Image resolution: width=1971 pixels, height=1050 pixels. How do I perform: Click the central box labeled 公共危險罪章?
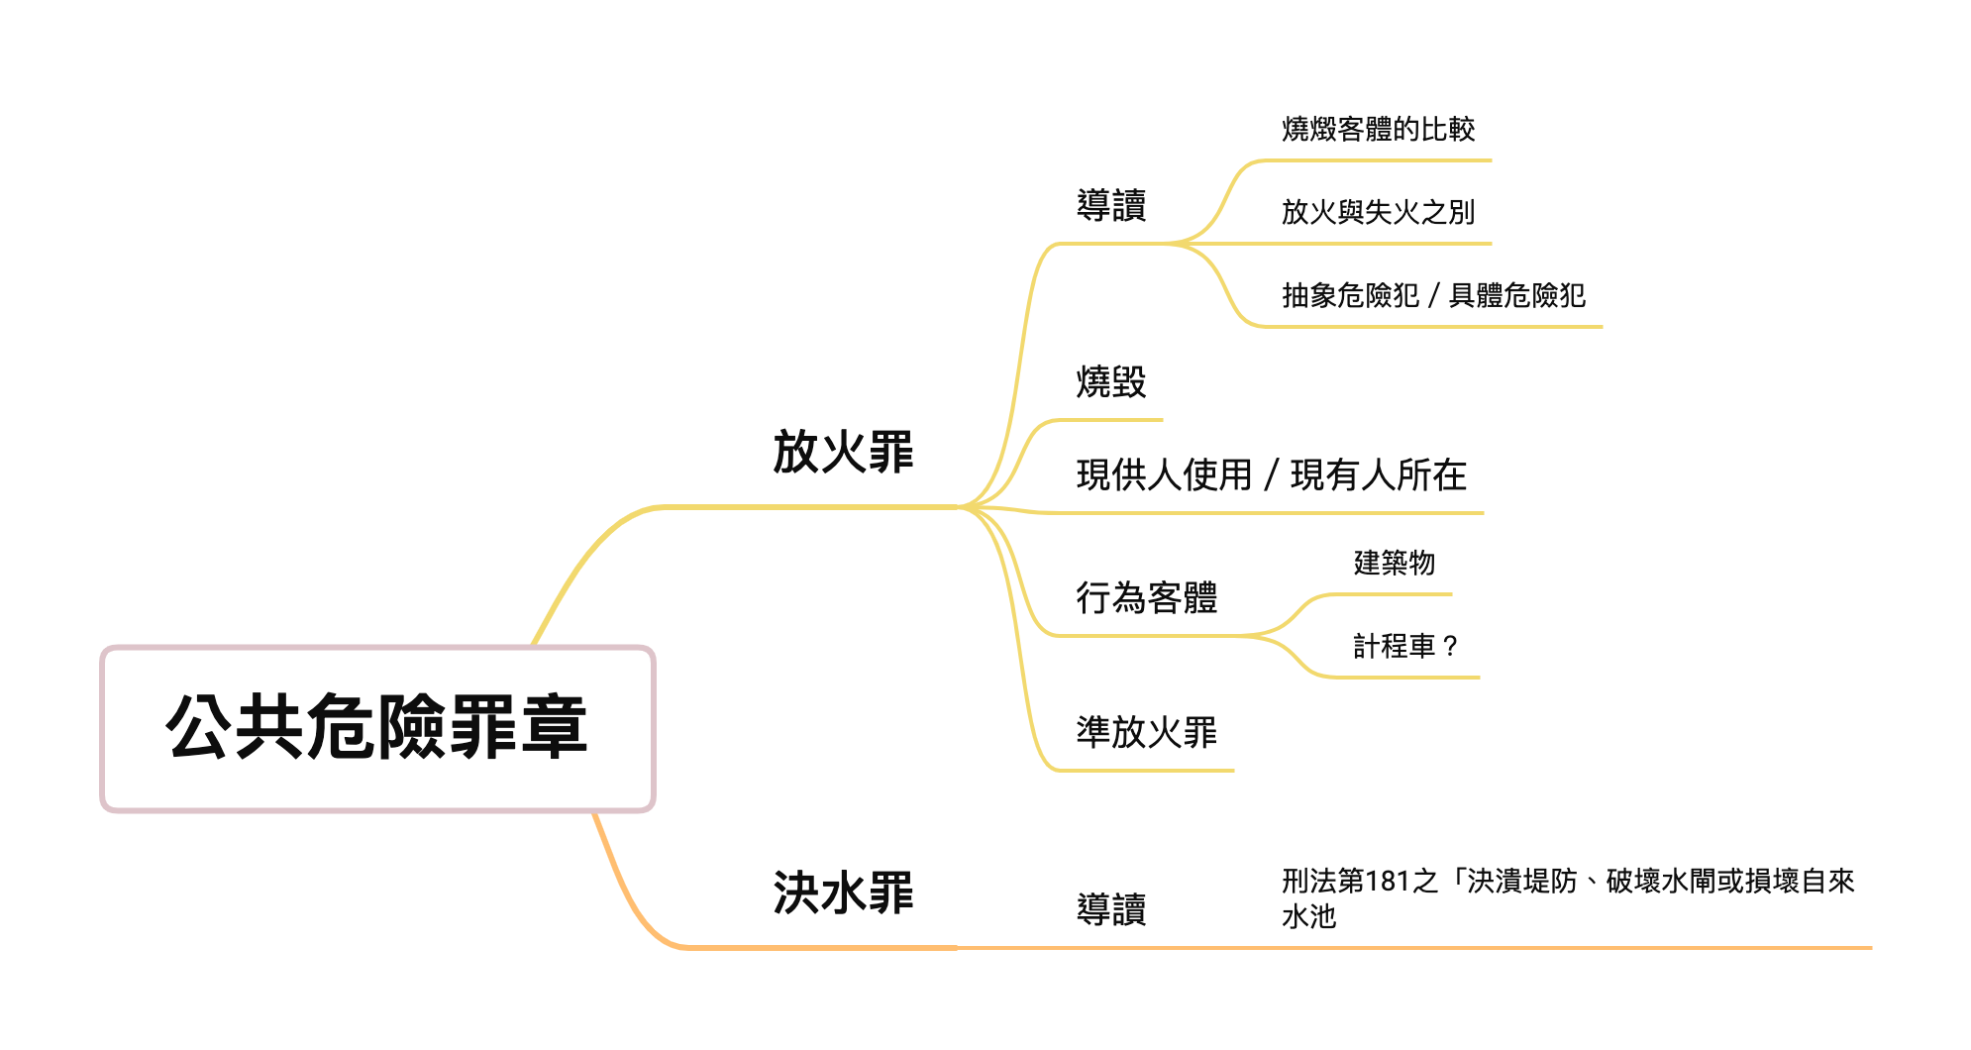[x=377, y=728]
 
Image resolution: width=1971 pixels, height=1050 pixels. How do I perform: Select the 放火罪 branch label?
[x=843, y=453]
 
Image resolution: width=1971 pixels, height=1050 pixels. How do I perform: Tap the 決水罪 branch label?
[x=843, y=893]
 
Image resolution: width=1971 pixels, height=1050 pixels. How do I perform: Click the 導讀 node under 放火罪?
[x=1111, y=206]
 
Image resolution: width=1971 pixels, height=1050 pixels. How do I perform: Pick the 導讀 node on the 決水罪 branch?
[x=1111, y=909]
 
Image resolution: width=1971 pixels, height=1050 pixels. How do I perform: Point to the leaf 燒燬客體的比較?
[x=1378, y=129]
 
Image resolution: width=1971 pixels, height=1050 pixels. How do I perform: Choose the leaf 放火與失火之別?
[x=1378, y=212]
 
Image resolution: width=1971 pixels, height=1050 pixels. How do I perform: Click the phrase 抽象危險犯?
[x=1350, y=295]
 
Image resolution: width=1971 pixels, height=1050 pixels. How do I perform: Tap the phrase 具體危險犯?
[x=1516, y=295]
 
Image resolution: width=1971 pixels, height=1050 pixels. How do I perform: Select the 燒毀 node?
[x=1111, y=381]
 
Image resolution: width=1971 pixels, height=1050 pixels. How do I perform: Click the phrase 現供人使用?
[x=1165, y=475]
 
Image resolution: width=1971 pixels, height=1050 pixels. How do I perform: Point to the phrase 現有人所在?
[x=1379, y=475]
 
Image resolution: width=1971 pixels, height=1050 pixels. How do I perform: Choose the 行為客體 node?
[x=1147, y=598]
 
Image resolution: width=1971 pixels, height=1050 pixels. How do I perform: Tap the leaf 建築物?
[x=1395, y=564]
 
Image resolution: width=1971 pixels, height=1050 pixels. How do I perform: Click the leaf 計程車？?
[x=1406, y=647]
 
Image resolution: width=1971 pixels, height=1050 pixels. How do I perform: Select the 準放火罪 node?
[x=1147, y=733]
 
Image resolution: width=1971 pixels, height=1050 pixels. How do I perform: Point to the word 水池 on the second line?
[x=1308, y=916]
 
